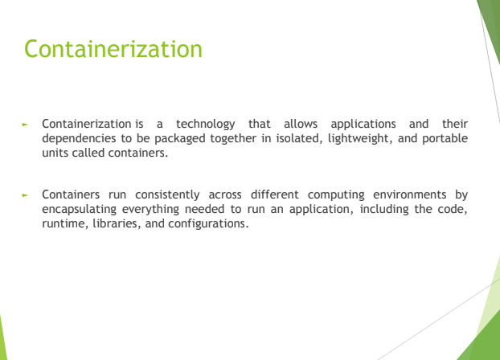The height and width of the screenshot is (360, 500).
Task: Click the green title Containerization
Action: pos(113,49)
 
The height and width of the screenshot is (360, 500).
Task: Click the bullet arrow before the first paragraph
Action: pos(25,125)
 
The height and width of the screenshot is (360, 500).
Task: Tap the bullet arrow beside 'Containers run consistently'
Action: pos(25,195)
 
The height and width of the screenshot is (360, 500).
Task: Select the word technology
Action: pos(206,124)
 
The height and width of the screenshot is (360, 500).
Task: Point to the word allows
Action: pos(301,124)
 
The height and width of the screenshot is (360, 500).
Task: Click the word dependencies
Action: pos(79,139)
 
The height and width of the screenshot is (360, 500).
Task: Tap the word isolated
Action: pos(299,138)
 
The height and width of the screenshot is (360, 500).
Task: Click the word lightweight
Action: pos(360,139)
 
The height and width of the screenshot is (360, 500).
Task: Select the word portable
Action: pos(445,139)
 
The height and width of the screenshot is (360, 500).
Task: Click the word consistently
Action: pos(167,194)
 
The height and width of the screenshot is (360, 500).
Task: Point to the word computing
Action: pos(336,194)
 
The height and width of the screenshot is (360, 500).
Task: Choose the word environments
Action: pos(410,194)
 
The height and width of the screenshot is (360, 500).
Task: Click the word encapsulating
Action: pos(79,210)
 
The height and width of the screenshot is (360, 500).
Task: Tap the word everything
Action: pos(150,210)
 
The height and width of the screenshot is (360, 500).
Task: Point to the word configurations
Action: pos(208,224)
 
